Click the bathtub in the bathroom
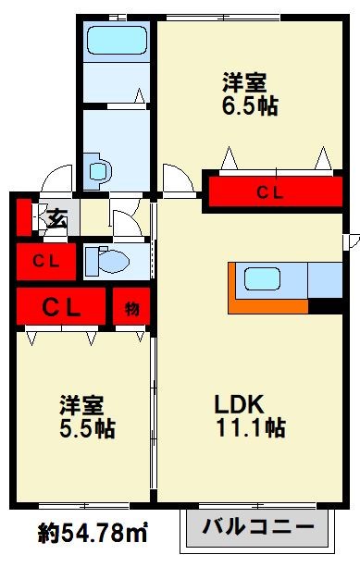coord(115,41)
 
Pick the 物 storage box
coord(131,307)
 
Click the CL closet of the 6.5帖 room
coord(270,192)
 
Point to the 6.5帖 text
coord(249,106)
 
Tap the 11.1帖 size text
coord(250,428)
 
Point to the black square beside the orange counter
coord(324,306)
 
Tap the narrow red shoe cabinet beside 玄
coord(23,219)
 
